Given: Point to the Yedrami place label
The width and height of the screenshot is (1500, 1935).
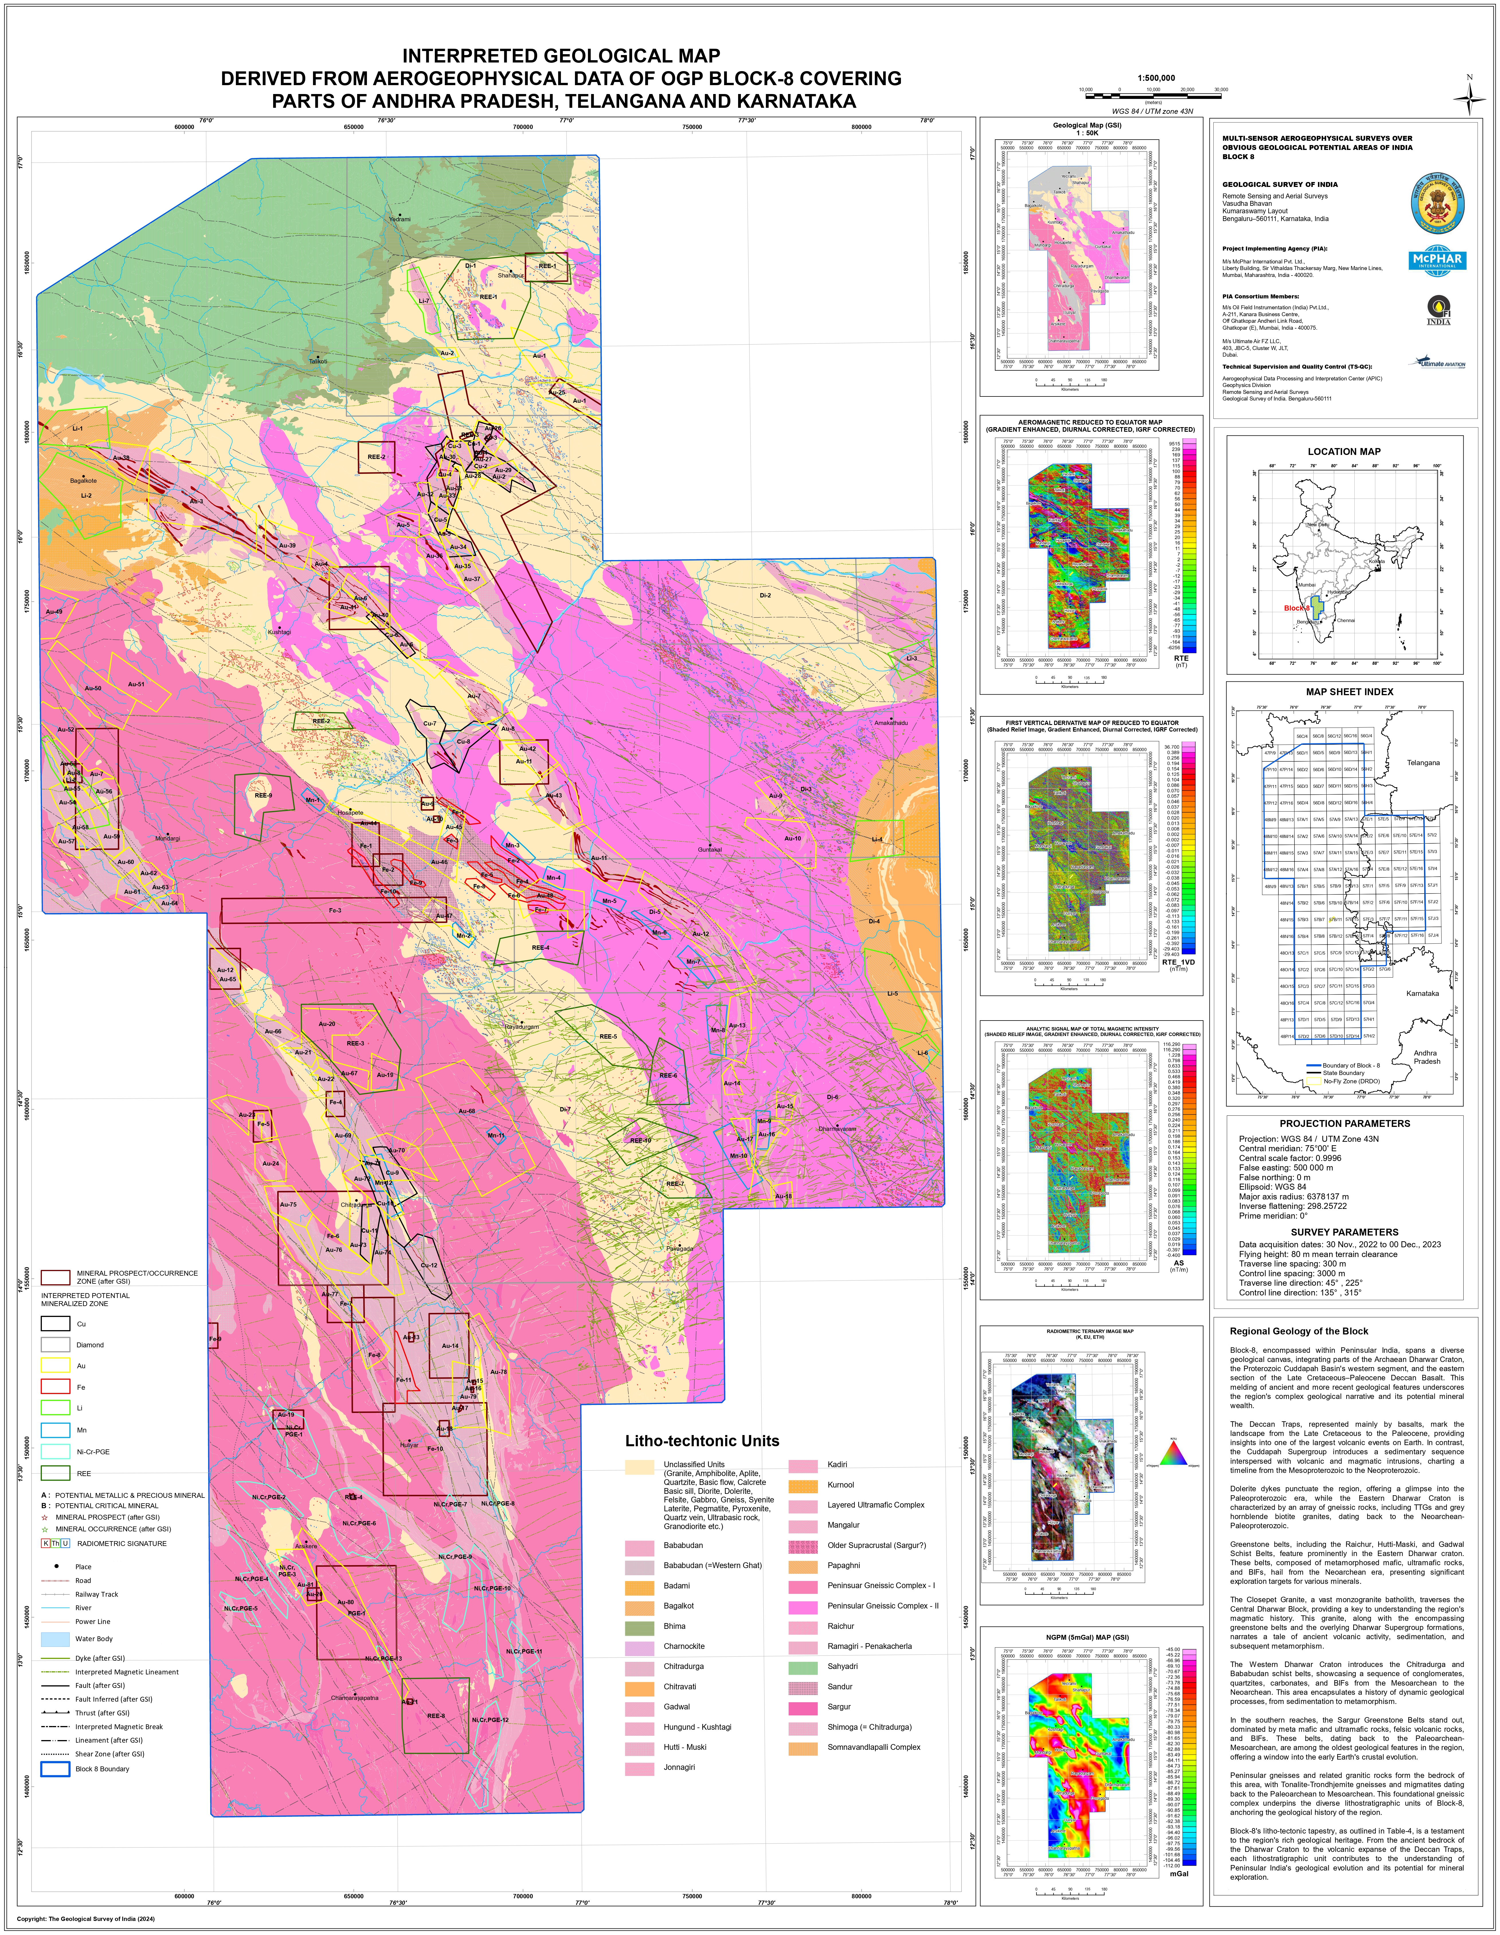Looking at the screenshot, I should [x=400, y=219].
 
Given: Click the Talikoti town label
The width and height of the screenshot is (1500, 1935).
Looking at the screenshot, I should [x=318, y=361].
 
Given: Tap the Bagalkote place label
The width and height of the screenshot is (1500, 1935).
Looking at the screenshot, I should [x=83, y=481].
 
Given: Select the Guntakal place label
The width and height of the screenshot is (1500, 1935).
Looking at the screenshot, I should [x=710, y=850].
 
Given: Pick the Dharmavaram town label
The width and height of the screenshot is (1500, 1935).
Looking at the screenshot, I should [x=837, y=1129].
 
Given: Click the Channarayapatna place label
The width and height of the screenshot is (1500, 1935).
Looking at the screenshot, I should [x=354, y=1698].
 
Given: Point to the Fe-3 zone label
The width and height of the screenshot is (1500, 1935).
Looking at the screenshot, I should [x=335, y=910].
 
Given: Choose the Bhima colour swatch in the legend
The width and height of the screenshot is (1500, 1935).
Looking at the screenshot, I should [x=639, y=1626].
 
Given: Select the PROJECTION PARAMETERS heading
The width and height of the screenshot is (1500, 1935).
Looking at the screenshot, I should [x=1344, y=1123].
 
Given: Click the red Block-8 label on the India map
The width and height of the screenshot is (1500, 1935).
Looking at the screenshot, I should [x=1295, y=608].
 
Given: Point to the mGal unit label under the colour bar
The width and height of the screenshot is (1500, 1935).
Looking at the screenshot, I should [x=1178, y=1874].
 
